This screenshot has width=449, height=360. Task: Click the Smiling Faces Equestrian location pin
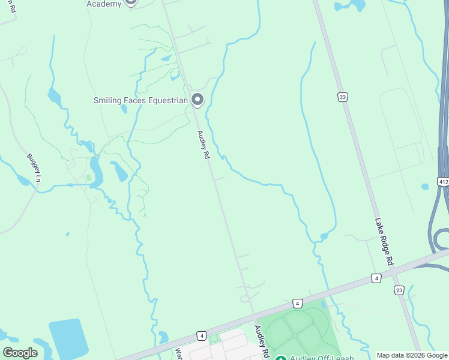(197, 100)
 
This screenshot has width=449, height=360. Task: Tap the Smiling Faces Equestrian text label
(140, 101)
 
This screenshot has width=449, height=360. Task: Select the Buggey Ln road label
(34, 168)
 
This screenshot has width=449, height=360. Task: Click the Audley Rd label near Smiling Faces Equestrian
(203, 145)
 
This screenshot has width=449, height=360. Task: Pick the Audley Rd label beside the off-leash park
(261, 341)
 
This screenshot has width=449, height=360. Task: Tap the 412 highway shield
(443, 181)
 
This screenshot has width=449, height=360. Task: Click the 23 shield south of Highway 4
(399, 290)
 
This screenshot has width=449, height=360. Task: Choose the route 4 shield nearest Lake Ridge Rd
(376, 278)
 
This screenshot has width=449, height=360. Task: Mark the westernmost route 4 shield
(201, 335)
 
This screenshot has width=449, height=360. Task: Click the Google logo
(20, 352)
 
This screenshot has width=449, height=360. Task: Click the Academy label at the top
(104, 4)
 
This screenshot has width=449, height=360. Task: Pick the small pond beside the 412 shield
(426, 187)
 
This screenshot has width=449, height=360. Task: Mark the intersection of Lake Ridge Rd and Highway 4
(391, 274)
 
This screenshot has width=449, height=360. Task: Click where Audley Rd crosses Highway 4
(255, 316)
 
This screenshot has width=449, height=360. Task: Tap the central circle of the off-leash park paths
(295, 335)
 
